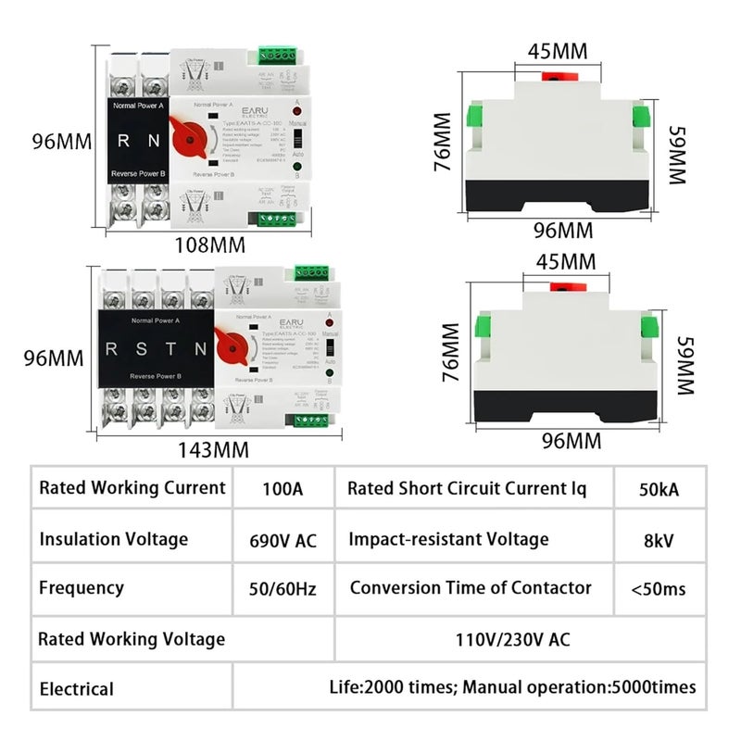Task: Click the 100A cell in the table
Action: pyautogui.click(x=283, y=489)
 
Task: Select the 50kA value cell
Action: pyautogui.click(x=659, y=489)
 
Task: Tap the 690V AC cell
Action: pyautogui.click(x=283, y=540)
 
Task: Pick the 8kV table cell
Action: pyautogui.click(x=659, y=539)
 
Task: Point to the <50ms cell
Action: pyautogui.click(x=659, y=588)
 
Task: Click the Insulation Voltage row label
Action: pyautogui.click(x=114, y=539)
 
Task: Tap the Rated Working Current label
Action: pyautogui.click(x=132, y=488)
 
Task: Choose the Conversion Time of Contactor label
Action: pyautogui.click(x=471, y=588)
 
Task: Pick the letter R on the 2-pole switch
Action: pyautogui.click(x=124, y=142)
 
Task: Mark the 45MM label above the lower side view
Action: pyautogui.click(x=560, y=264)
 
